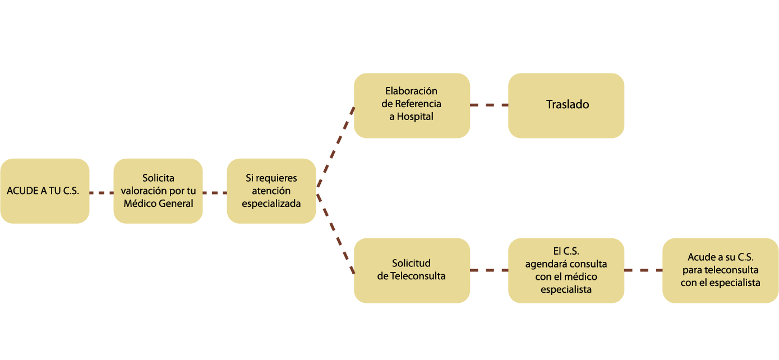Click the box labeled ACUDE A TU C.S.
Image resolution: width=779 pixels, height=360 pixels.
[44, 191]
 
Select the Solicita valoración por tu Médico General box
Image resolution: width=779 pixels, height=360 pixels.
[158, 191]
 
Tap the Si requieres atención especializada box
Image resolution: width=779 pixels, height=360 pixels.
[271, 191]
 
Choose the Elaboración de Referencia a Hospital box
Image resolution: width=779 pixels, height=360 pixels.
[412, 105]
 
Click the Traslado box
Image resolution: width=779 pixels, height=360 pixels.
[566, 105]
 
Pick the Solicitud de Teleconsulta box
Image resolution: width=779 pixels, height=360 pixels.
[412, 270]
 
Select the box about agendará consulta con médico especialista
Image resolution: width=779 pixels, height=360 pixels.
[566, 270]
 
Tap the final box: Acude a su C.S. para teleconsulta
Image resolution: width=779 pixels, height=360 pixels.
[720, 270]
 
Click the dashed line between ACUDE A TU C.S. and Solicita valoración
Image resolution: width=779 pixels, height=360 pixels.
[102, 193]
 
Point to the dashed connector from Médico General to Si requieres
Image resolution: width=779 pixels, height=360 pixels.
[215, 193]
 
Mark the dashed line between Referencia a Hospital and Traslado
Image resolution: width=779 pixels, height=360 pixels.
[489, 105]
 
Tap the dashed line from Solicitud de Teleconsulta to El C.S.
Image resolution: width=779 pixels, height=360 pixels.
[489, 270]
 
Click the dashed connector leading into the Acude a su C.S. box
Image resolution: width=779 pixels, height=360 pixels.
[643, 270]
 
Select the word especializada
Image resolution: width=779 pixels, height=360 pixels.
[271, 204]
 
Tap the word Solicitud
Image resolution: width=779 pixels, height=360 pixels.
[411, 264]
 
